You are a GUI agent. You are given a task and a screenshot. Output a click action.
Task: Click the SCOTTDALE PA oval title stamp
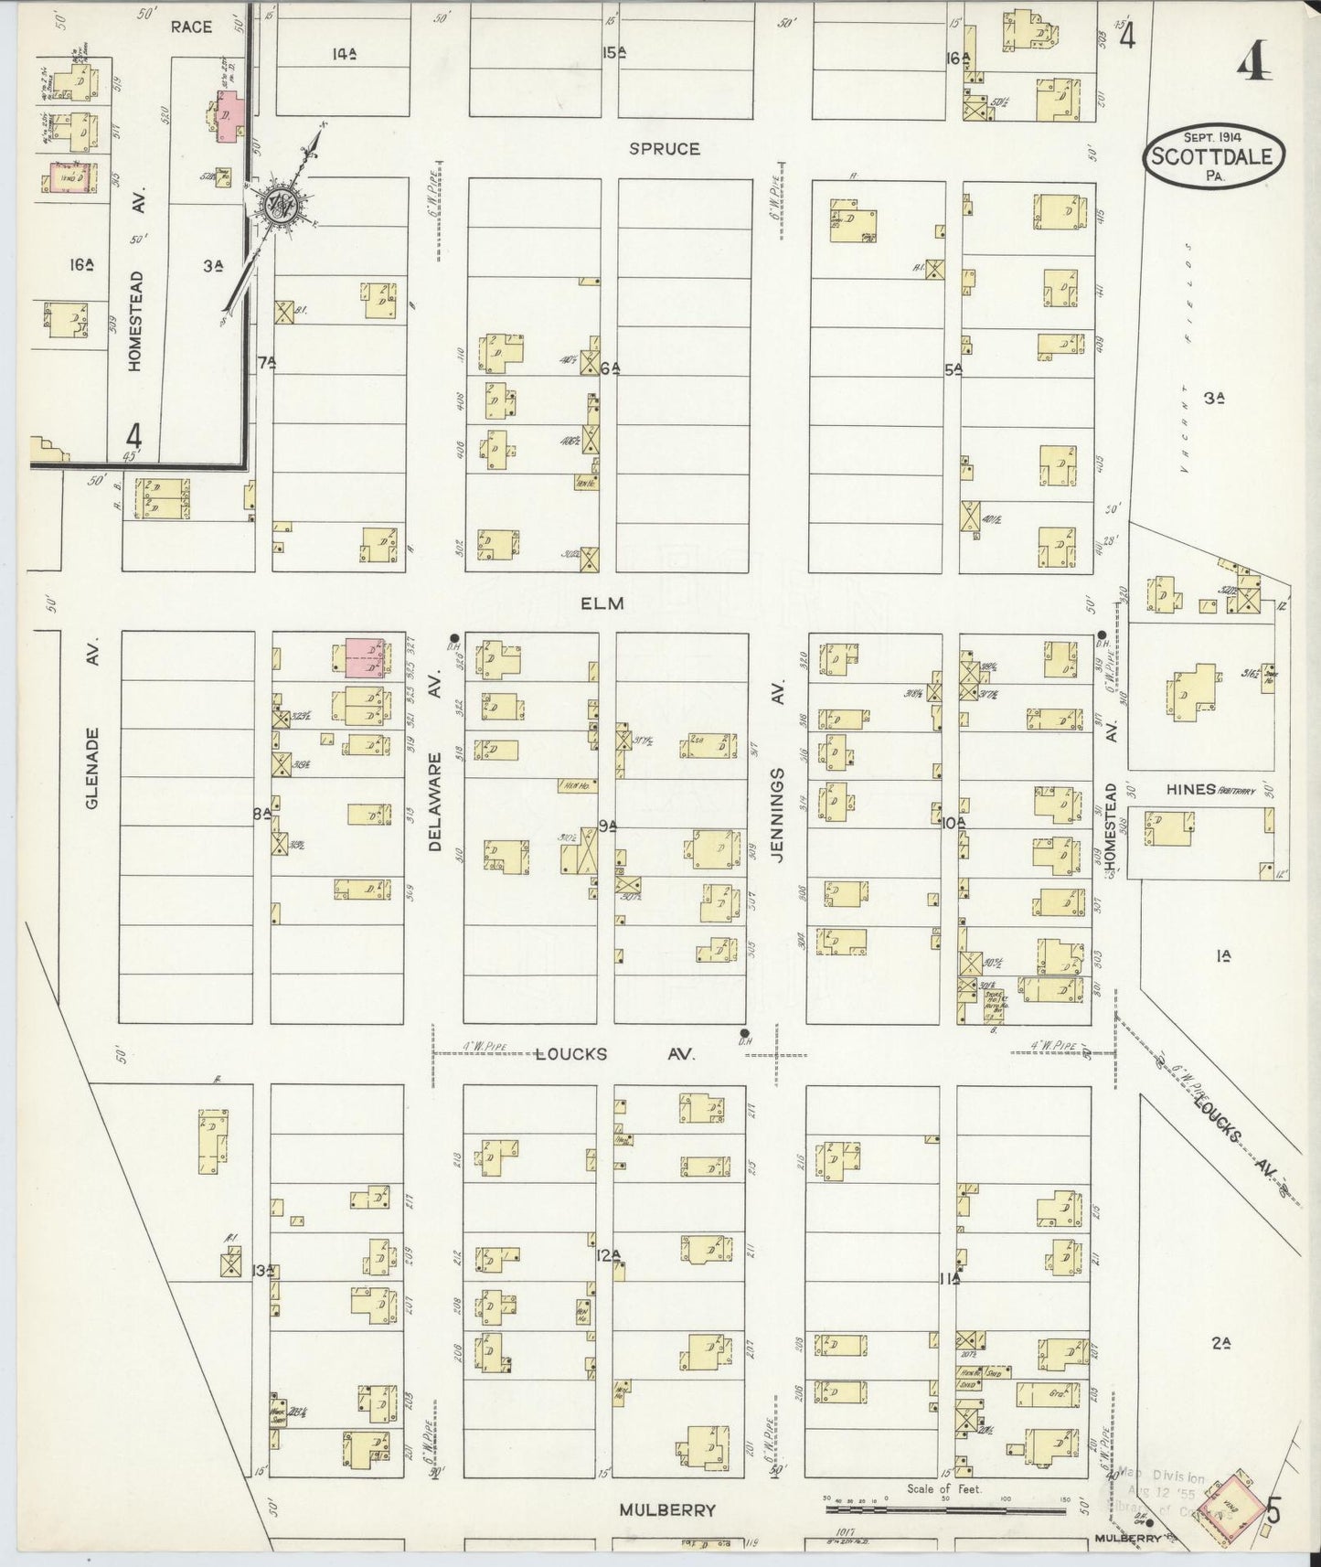1212,158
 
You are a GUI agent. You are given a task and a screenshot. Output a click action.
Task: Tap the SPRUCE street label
664,148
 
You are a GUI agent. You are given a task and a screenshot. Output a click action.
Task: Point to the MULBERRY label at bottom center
667,1510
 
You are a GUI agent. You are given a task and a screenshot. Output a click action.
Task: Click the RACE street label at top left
191,27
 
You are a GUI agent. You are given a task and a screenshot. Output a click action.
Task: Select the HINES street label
1190,789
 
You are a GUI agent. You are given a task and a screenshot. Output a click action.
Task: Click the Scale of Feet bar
944,1499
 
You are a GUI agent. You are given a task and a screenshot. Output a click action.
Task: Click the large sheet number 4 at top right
1258,65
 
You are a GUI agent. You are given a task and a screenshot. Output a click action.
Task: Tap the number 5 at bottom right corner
1273,1512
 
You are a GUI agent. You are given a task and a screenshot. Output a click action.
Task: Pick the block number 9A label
609,826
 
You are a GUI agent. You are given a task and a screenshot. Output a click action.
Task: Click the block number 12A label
608,1256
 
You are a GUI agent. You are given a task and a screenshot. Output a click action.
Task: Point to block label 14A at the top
344,55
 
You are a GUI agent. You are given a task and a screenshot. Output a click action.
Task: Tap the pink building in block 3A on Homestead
230,116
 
